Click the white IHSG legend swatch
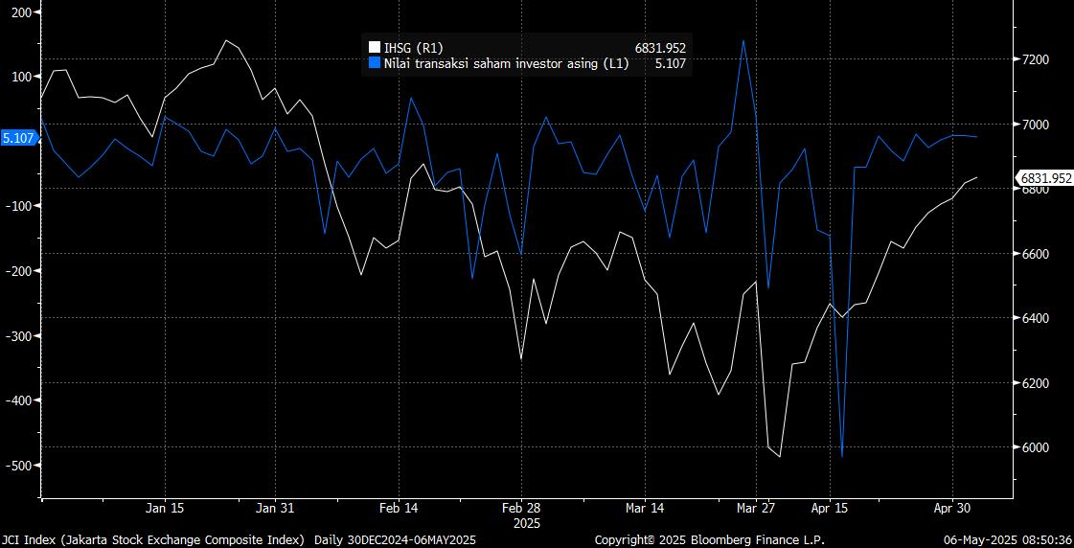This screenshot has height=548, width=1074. (375, 47)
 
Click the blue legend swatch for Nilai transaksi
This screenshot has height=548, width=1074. (375, 63)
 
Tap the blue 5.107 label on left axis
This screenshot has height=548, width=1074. (19, 138)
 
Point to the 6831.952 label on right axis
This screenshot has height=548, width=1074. (1045, 177)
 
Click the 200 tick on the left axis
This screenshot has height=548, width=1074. (19, 11)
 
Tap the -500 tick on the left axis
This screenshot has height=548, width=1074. (17, 465)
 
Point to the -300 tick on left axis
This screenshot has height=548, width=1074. (17, 335)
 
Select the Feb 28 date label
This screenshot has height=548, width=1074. (523, 508)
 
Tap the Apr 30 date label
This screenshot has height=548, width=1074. (951, 508)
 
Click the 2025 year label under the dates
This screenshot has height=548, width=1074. (527, 523)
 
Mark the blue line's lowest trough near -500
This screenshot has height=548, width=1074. (842, 457)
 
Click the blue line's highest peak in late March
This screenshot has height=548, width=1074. (743, 40)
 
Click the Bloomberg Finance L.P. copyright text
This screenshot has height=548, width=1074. (709, 539)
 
